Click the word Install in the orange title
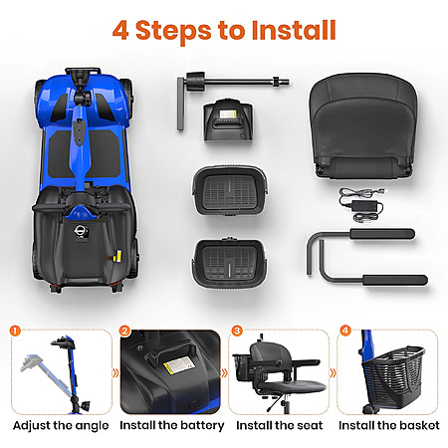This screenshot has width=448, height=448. click(x=294, y=30)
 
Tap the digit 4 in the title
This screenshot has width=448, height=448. click(x=120, y=31)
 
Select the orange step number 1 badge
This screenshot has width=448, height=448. click(x=15, y=331)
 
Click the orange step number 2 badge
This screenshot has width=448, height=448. click(x=124, y=331)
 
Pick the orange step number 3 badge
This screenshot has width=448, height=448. click(x=237, y=331)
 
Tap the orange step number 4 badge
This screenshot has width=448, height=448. click(x=345, y=331)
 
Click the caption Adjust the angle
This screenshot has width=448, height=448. click(x=61, y=426)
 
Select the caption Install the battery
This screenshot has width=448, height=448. click(x=172, y=426)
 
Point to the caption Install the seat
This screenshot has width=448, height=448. click(x=280, y=425)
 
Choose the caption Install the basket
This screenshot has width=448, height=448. click(x=389, y=425)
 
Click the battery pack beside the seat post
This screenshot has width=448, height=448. click(x=228, y=119)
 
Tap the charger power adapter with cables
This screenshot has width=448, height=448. click(x=362, y=205)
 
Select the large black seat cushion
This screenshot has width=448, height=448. click(x=363, y=126)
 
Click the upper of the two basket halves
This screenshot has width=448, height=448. click(x=230, y=191)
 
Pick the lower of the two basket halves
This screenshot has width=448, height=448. click(x=229, y=262)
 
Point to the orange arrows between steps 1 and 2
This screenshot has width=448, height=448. click(x=115, y=373)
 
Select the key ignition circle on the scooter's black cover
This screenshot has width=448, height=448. click(x=80, y=231)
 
